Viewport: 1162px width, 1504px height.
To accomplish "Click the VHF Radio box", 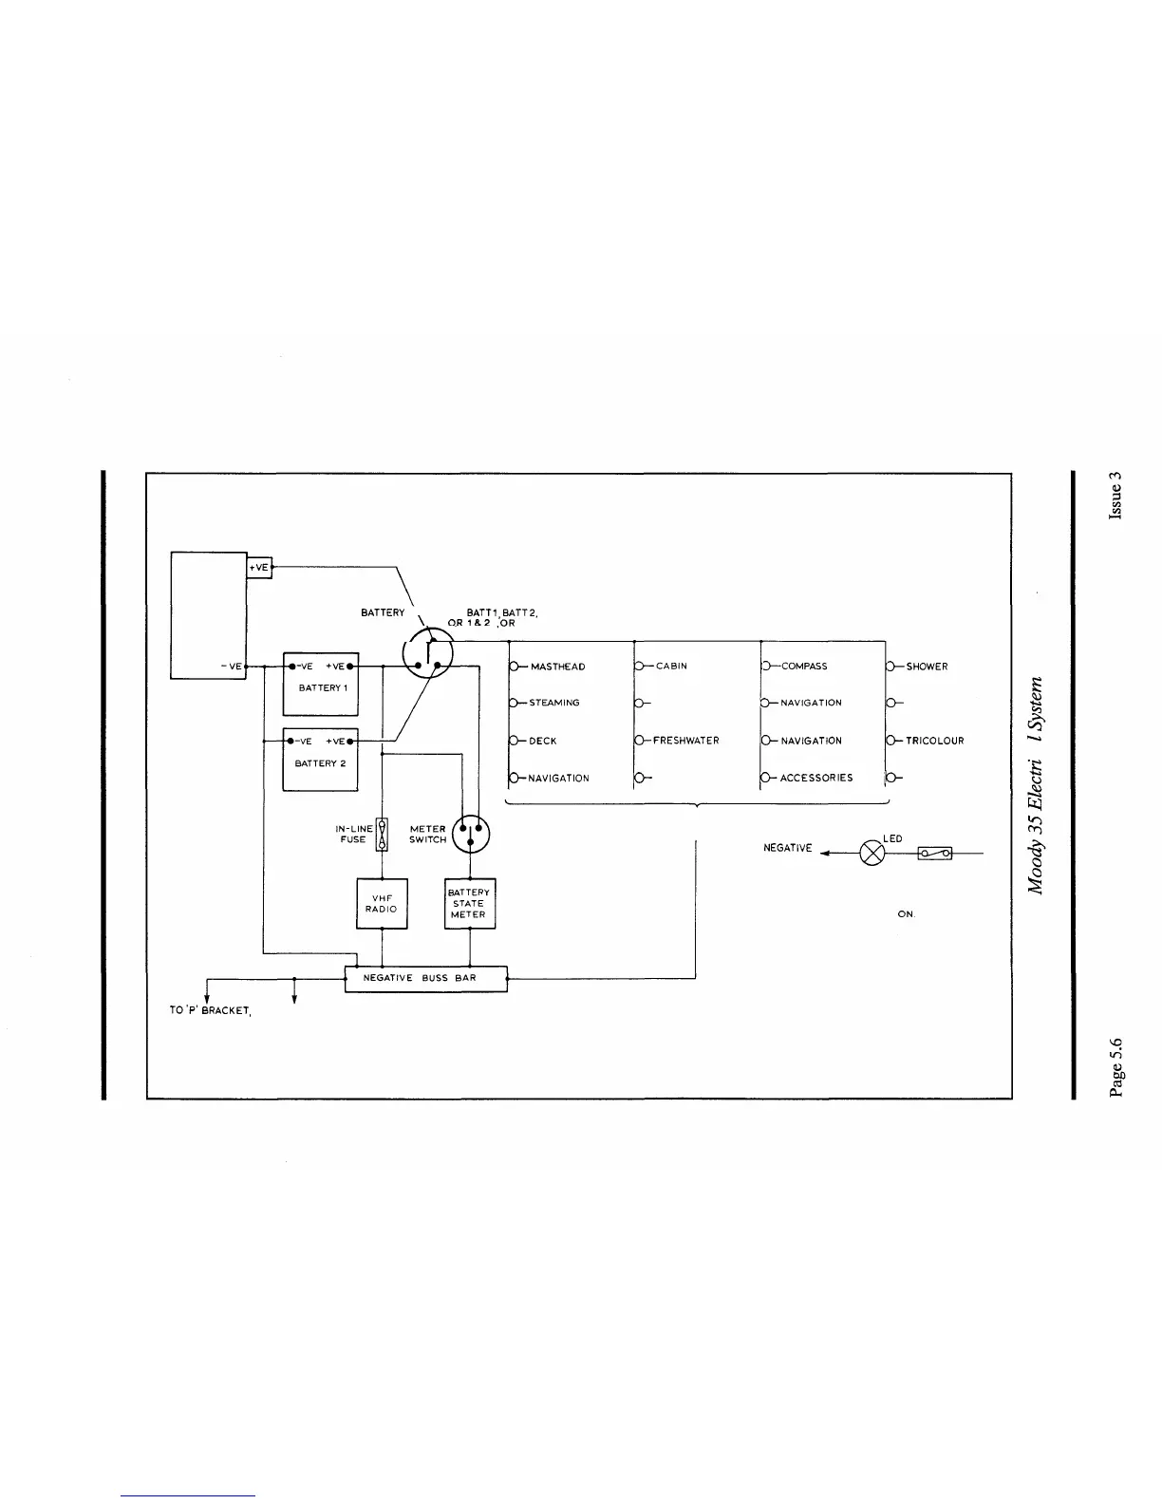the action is pos(382,903).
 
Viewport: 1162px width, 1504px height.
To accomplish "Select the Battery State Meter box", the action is pos(470,903).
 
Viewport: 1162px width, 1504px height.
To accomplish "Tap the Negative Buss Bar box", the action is pos(425,978).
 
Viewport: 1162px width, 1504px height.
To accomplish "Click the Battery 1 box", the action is pos(321,684).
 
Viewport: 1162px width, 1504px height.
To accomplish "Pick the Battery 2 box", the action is pos(321,760).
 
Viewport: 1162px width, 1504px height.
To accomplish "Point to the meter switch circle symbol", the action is pos(471,835).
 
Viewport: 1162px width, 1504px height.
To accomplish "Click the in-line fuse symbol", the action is pos(382,835).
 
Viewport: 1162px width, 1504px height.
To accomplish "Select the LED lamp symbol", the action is pos(871,853).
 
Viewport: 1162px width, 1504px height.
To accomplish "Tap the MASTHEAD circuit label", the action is pos(557,667).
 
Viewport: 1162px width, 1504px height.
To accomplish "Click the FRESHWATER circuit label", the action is pos(685,741).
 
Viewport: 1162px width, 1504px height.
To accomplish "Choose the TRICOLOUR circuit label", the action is pos(934,741).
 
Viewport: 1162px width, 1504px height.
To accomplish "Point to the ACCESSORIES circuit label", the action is pos(816,778).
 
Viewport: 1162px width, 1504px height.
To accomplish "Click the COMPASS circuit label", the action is pos(804,667).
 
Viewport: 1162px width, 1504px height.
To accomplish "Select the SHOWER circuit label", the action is pos(927,667).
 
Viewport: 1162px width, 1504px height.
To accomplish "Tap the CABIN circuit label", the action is pos(671,667).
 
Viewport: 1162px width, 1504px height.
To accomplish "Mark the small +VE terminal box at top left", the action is pos(259,567).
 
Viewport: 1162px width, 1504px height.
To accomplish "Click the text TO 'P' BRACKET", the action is pos(210,1010).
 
